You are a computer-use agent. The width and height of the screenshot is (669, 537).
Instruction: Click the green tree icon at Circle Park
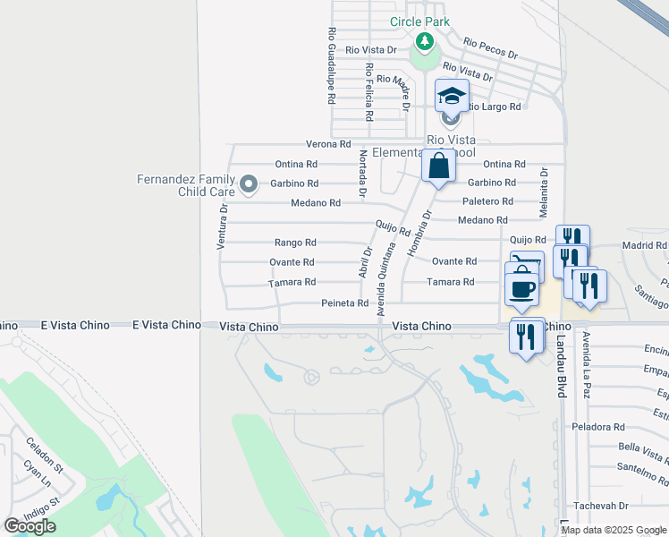point(424,42)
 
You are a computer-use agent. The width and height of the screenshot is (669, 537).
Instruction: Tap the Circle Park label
point(419,21)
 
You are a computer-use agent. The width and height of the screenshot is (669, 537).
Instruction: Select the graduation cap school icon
point(452,95)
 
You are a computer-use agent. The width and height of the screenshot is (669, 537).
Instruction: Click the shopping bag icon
point(438,166)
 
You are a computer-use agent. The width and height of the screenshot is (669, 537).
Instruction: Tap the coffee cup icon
point(521,289)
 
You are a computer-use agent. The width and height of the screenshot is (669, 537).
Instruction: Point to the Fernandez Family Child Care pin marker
point(250,185)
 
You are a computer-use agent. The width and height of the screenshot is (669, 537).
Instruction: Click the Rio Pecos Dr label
point(490,47)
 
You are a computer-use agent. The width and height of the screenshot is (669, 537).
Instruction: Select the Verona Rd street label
point(327,144)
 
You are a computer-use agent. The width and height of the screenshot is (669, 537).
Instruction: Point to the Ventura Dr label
point(224,226)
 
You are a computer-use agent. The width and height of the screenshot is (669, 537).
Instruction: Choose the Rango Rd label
point(294,243)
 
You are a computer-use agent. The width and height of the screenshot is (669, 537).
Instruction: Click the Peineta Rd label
point(344,303)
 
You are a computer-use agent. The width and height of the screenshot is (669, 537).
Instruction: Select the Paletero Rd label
point(488,201)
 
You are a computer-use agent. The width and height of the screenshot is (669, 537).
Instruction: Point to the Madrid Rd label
point(644,245)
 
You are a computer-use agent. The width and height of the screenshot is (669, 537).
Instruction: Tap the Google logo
point(30,526)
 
